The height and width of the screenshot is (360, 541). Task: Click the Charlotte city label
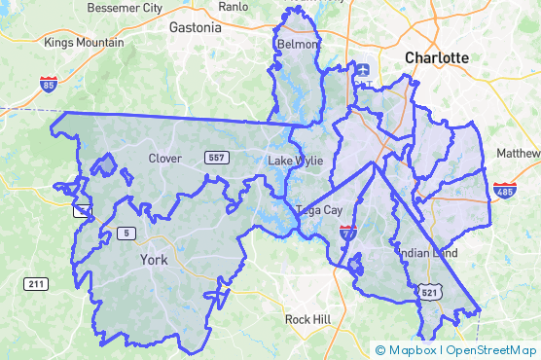point(437,57)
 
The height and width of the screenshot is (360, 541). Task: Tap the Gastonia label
point(195,28)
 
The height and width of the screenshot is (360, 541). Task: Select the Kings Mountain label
point(84,43)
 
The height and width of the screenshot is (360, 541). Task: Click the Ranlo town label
point(234,6)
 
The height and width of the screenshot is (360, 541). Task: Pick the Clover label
point(165,158)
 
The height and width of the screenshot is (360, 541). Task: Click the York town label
point(154,260)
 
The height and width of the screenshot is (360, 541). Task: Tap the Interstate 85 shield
point(47,84)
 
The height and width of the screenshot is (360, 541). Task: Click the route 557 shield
point(217,158)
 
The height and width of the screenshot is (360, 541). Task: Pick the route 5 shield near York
point(126,233)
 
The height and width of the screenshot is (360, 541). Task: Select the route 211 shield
point(36,284)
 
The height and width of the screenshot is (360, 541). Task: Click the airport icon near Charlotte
point(363,69)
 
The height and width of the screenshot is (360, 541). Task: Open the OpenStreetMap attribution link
point(491,350)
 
